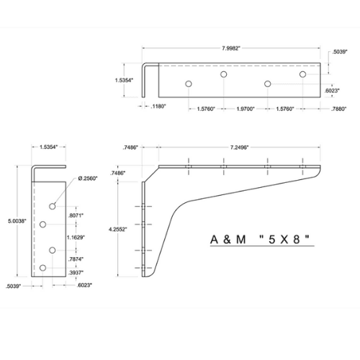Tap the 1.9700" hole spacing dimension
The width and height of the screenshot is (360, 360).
click(x=246, y=109)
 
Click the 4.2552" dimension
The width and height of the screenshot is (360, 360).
click(x=118, y=229)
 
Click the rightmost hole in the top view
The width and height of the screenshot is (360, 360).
click(x=302, y=74)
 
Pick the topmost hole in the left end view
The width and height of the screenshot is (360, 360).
click(x=53, y=206)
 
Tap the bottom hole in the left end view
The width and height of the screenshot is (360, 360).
click(x=43, y=269)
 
